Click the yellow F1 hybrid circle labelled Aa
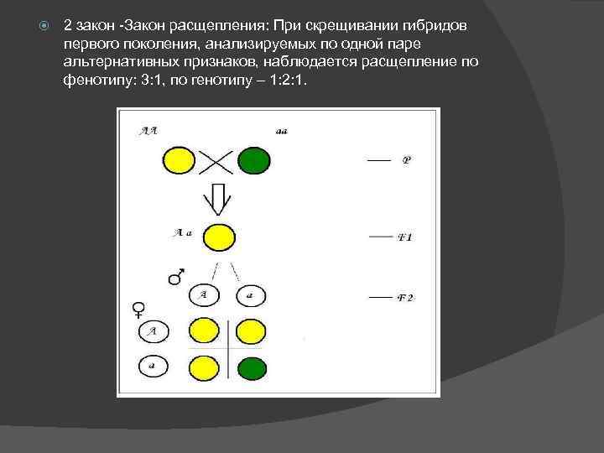coord(220,237)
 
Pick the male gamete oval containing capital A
coord(202,294)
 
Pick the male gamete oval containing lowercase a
coord(249,295)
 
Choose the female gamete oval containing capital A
coord(154,331)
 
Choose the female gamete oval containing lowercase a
coord(153,367)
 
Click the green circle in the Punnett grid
coord(252,367)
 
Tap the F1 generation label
coord(404,238)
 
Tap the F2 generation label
coord(404,298)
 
